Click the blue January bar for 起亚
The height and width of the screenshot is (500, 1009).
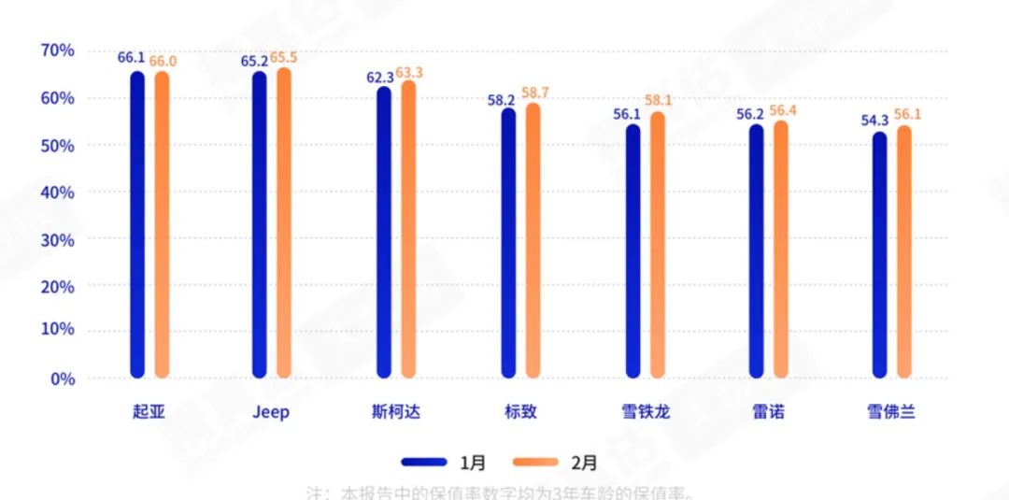click(x=137, y=224)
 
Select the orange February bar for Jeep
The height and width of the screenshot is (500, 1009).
click(x=284, y=224)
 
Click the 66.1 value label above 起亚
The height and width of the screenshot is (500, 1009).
click(x=131, y=58)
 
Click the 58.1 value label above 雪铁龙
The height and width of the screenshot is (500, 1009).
click(x=656, y=100)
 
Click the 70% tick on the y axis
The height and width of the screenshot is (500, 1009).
click(x=58, y=50)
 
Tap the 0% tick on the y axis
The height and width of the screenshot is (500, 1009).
click(x=63, y=379)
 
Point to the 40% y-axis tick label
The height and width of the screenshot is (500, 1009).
click(x=58, y=192)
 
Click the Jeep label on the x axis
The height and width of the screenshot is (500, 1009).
click(x=271, y=412)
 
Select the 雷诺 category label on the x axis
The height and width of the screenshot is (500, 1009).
click(x=768, y=412)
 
